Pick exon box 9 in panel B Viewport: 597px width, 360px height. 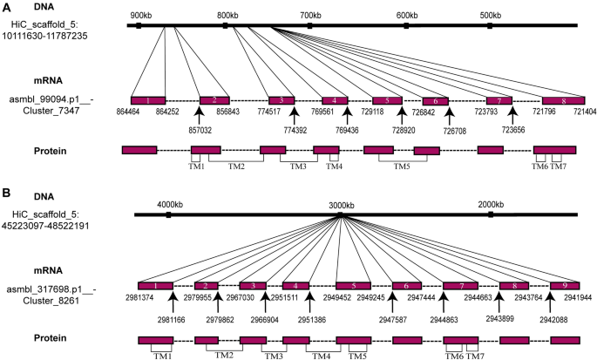[x=564, y=286]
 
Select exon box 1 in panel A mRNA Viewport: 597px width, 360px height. [x=148, y=101]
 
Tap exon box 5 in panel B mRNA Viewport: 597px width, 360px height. [x=353, y=286]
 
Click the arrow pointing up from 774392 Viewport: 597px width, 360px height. [x=294, y=112]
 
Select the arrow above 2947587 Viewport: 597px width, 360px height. [x=392, y=296]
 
